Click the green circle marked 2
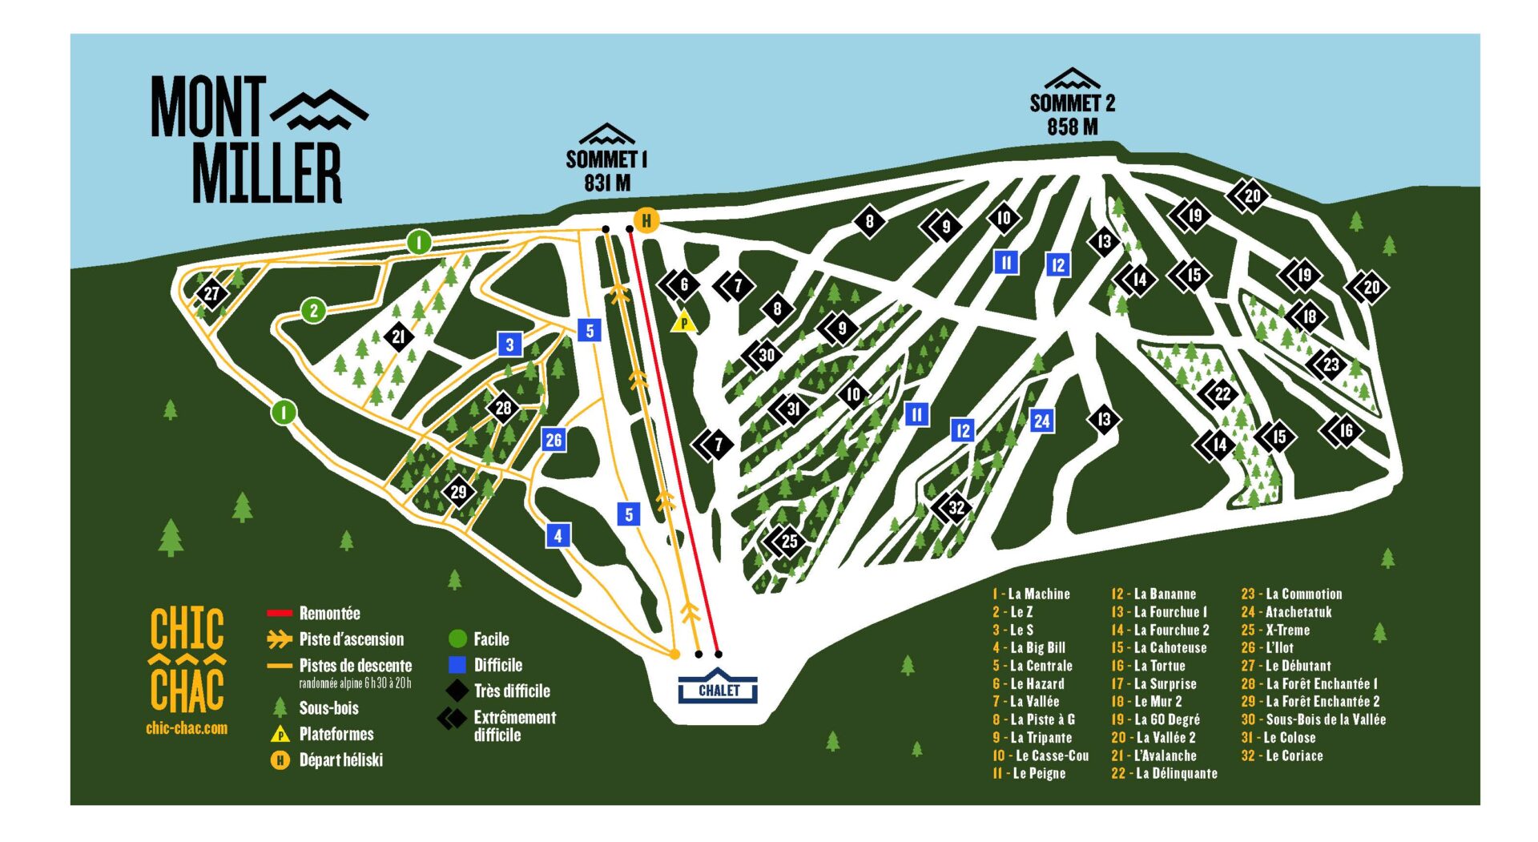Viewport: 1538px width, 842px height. [x=314, y=311]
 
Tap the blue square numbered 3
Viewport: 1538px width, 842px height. [x=509, y=344]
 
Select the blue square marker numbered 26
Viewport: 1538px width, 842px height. [x=554, y=439]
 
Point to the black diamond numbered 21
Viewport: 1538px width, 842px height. [x=398, y=337]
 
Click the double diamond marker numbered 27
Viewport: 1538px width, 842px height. [x=211, y=293]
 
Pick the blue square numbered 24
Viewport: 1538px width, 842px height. [x=1041, y=421]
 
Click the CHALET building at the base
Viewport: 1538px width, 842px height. [x=718, y=687]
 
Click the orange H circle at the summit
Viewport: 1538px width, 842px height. [x=646, y=220]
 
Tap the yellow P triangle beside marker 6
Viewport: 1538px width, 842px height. [x=684, y=322]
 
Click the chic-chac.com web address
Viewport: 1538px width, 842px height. [x=187, y=728]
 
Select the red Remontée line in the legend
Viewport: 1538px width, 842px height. [x=279, y=614]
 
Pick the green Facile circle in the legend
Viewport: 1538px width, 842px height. [x=457, y=639]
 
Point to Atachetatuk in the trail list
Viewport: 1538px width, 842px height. [x=1298, y=612]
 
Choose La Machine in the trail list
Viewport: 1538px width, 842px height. [x=1039, y=594]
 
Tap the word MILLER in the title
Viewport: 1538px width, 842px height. [x=267, y=173]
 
